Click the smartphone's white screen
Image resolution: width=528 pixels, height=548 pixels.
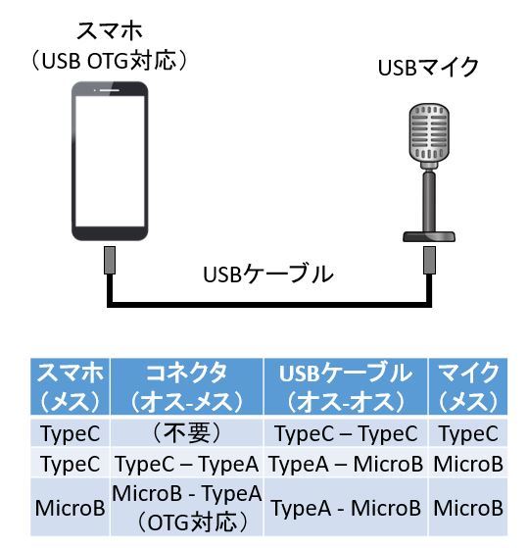[x=110, y=161]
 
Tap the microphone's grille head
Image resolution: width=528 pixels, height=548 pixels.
[x=429, y=132]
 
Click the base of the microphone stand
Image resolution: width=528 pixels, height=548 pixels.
[x=429, y=236]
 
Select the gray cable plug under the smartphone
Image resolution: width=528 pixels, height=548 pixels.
[x=110, y=261]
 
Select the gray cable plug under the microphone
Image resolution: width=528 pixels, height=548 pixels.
[x=429, y=261]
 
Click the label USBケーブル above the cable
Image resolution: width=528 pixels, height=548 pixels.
[x=268, y=274]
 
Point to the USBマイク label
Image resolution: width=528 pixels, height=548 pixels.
[x=428, y=67]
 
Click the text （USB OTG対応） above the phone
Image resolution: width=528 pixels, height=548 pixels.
[x=110, y=61]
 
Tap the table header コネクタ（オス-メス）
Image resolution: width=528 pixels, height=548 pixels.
[x=187, y=386]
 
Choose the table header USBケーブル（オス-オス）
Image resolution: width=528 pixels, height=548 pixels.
[x=346, y=386]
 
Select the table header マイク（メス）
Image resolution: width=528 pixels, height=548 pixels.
[x=468, y=386]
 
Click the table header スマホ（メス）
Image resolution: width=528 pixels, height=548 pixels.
[x=71, y=386]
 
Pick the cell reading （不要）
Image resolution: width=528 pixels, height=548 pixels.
[x=187, y=433]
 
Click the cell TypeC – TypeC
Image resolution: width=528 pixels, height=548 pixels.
[x=346, y=433]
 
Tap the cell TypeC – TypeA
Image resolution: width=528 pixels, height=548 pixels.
[x=187, y=464]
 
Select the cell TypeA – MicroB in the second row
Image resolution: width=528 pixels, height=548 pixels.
[x=346, y=464]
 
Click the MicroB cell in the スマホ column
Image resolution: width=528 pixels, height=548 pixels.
[x=71, y=508]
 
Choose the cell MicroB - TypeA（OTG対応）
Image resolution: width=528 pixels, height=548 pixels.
[x=187, y=508]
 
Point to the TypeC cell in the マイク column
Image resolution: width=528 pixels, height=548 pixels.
[x=468, y=433]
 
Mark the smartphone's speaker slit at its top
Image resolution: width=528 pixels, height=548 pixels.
[x=111, y=90]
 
